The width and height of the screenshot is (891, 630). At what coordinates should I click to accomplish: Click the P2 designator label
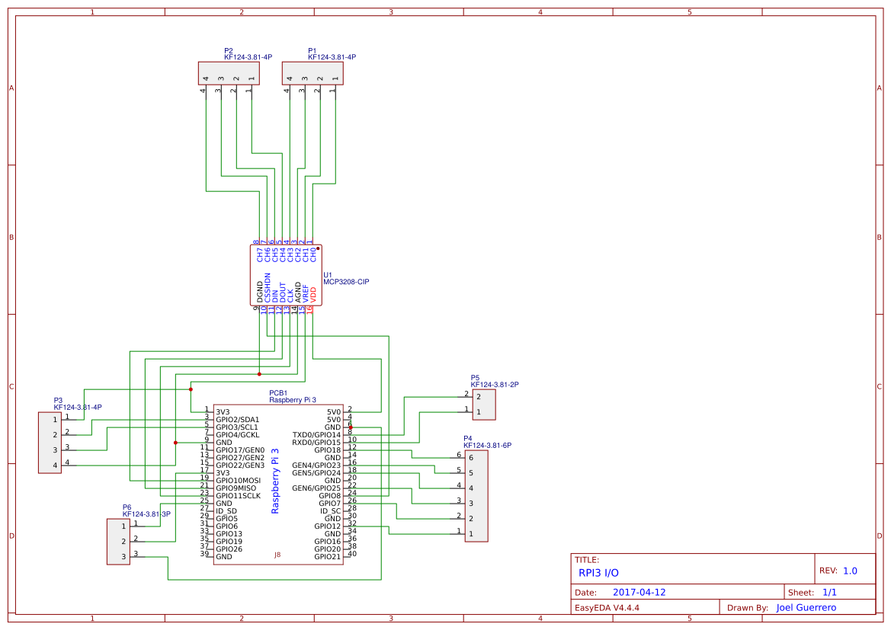[x=229, y=50]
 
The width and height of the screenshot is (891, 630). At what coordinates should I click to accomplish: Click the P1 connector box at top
[x=312, y=73]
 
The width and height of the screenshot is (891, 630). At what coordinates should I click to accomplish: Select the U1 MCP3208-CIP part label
[x=345, y=281]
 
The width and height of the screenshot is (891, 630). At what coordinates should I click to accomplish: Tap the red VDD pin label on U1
[x=313, y=295]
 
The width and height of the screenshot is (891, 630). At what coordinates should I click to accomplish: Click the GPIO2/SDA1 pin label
[x=237, y=420]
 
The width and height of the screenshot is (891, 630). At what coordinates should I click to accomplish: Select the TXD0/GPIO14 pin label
[x=316, y=435]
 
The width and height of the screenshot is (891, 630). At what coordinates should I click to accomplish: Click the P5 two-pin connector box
[x=484, y=405]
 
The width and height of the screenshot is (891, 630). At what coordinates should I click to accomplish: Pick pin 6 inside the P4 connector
[x=472, y=458]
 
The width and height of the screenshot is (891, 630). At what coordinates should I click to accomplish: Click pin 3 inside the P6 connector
[x=123, y=557]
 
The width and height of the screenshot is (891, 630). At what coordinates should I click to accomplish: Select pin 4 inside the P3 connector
[x=55, y=465]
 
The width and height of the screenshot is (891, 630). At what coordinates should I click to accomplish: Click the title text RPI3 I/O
[x=598, y=573]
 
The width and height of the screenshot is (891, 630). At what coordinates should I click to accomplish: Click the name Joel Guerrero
[x=806, y=607]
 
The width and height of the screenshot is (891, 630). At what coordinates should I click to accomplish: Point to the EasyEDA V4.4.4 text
[x=607, y=608]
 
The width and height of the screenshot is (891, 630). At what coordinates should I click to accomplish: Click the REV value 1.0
[x=850, y=571]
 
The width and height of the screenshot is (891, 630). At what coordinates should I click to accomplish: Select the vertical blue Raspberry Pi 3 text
[x=275, y=481]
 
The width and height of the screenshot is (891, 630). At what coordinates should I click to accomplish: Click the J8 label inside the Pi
[x=277, y=555]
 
